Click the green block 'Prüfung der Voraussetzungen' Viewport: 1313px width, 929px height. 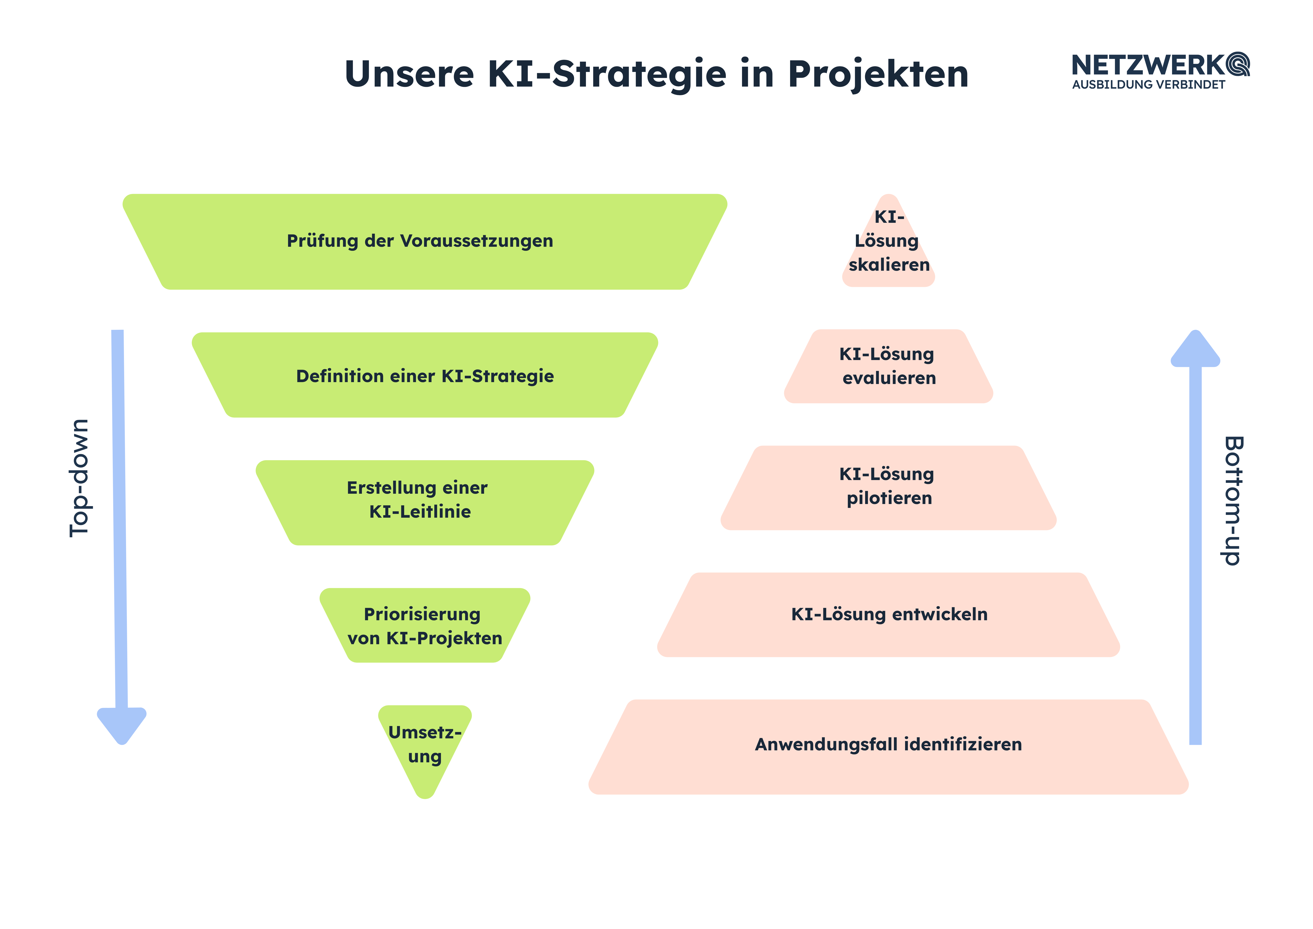pos(425,241)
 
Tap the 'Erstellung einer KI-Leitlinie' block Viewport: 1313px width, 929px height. pos(425,502)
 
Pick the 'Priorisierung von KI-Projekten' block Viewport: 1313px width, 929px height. pos(425,625)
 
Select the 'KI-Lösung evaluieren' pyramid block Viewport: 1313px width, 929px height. pos(889,366)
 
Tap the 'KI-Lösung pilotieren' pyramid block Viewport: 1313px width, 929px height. pos(889,488)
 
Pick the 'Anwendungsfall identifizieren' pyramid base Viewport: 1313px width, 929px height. pos(889,747)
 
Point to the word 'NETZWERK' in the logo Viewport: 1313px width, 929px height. pos(1148,65)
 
